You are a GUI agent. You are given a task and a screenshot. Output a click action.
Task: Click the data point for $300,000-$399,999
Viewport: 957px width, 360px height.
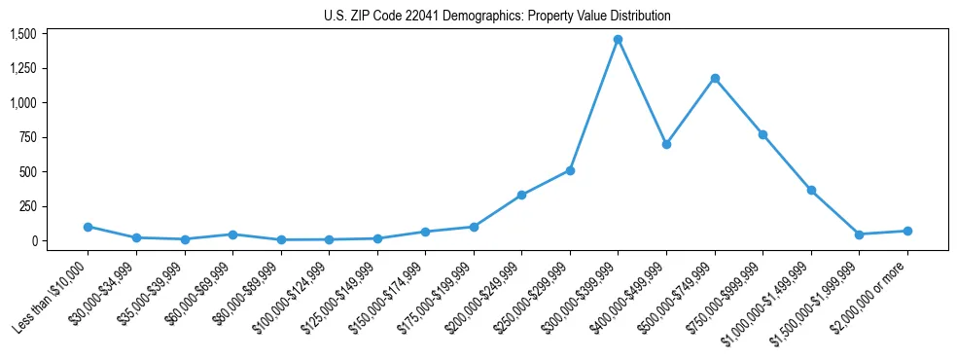click(618, 40)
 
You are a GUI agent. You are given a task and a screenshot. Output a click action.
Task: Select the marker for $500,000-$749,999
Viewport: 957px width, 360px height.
click(715, 78)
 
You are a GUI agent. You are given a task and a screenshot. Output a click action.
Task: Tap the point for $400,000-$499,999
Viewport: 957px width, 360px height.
click(666, 144)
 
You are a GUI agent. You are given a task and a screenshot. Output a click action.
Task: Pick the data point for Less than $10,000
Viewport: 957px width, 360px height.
click(89, 227)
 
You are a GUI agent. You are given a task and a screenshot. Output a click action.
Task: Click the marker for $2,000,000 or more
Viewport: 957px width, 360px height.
click(907, 231)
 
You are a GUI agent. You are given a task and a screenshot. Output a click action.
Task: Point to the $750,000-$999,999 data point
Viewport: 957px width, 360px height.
click(762, 134)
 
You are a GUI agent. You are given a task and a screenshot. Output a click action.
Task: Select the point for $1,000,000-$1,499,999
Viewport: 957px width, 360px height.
click(811, 190)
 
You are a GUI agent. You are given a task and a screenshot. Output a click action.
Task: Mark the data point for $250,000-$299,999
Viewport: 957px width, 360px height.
click(570, 170)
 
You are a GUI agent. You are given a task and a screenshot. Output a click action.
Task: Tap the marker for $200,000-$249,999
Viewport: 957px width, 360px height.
click(522, 195)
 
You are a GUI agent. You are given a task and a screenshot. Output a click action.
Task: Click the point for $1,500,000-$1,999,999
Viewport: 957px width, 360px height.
click(859, 234)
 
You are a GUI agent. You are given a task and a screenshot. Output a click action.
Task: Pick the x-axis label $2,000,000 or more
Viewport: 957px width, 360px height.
click(871, 292)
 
